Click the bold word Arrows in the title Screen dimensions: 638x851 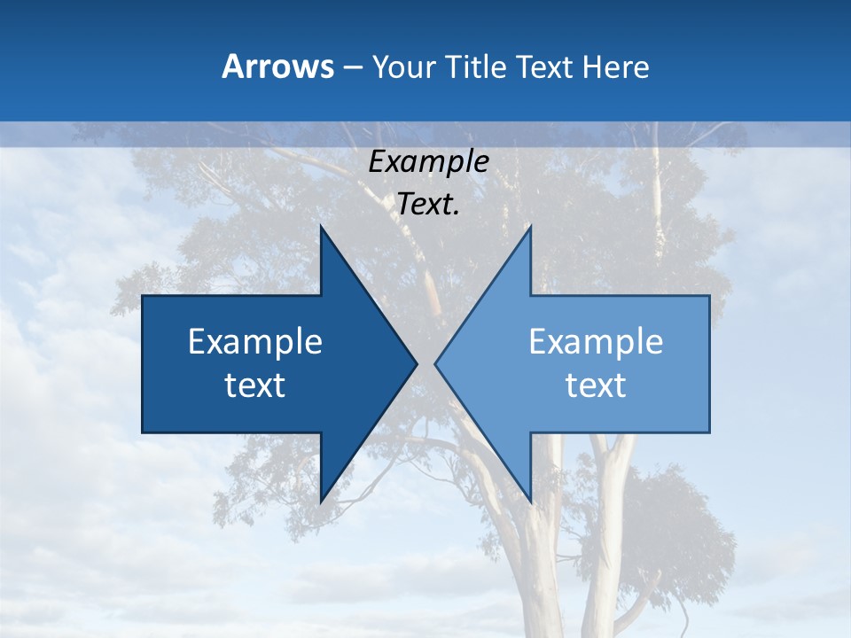coord(278,66)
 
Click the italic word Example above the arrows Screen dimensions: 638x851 coord(428,161)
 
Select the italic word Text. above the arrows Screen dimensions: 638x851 coord(428,204)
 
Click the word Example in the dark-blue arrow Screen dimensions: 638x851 coord(255,341)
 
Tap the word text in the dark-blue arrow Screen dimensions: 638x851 coord(255,385)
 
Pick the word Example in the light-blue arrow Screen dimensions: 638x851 coord(596,341)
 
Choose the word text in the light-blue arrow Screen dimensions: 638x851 coord(596,385)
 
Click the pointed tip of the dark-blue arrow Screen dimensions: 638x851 coord(416,363)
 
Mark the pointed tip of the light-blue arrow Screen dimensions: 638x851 coord(436,363)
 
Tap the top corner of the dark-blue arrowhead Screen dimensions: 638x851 coord(321,227)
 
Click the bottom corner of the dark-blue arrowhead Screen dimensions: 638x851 coord(321,502)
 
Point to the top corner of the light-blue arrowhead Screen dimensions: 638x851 coord(530,227)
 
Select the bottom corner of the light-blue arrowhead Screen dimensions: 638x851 coord(530,502)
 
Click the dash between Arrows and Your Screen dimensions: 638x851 coord(352,67)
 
